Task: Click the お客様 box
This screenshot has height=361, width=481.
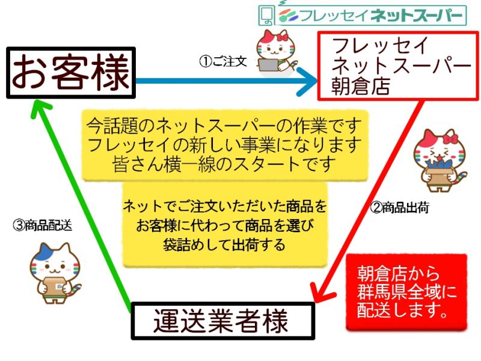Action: pos(71,73)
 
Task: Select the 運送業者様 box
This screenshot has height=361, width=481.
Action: pos(223,321)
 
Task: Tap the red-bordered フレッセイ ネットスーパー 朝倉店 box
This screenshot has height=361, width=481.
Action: pos(398,66)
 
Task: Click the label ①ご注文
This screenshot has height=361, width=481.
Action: pos(223,61)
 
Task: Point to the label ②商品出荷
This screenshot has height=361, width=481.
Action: pos(399,208)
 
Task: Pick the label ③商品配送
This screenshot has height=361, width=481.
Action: pos(42,225)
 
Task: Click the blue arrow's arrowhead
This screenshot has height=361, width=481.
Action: pos(308,81)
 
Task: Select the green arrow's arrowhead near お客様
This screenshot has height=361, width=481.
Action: pos(41,109)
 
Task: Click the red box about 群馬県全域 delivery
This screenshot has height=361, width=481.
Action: pos(406,292)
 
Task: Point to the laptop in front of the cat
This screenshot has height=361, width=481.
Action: pos(269,65)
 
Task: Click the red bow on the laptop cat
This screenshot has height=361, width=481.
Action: pos(283,37)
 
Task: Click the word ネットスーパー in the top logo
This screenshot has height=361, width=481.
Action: pos(416,15)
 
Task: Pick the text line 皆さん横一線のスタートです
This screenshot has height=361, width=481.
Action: pos(224,164)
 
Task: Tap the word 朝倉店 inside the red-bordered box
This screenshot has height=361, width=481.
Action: pos(361,87)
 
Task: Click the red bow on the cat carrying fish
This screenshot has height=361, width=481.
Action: pos(450,137)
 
